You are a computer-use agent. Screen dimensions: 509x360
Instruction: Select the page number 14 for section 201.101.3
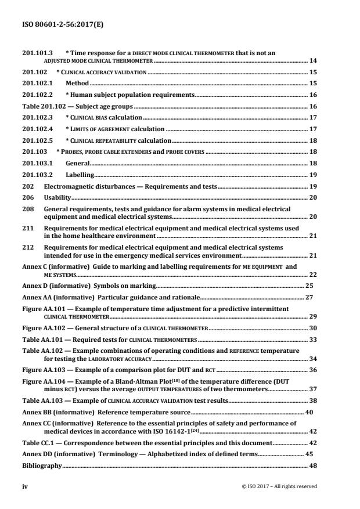[x=313, y=60]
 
